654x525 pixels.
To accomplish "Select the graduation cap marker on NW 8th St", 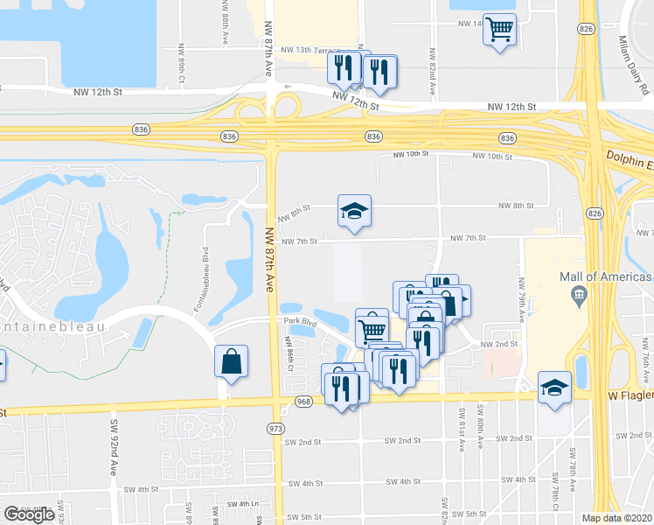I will [x=354, y=211].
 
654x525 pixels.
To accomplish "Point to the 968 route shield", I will [x=303, y=402].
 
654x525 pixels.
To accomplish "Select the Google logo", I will [x=29, y=514].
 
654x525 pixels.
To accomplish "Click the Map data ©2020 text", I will [x=617, y=518].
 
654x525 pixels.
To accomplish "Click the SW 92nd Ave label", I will [x=114, y=446].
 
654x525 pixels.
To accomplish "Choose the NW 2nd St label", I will [x=495, y=345].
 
